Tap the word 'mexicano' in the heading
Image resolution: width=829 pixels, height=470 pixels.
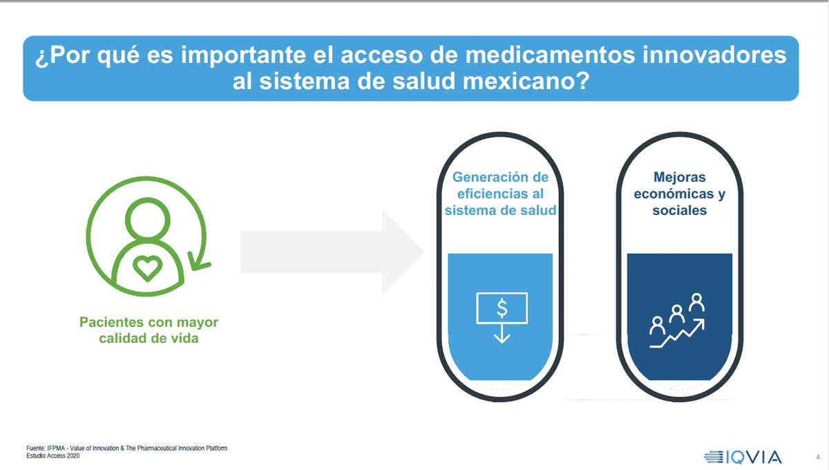click(x=520, y=81)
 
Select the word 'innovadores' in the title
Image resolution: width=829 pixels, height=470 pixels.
click(x=714, y=55)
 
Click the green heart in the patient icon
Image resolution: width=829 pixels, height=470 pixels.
click(x=147, y=268)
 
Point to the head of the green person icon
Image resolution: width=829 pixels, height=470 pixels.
click(x=147, y=219)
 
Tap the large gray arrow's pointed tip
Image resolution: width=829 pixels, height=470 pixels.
click(x=423, y=252)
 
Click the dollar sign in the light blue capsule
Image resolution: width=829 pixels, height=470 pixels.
click(x=502, y=308)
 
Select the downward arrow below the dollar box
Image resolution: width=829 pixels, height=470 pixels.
click(x=502, y=334)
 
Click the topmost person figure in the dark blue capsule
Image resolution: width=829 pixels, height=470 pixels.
click(x=696, y=302)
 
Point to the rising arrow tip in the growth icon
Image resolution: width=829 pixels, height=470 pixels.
click(x=701, y=323)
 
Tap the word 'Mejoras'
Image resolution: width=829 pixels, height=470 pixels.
click(x=680, y=177)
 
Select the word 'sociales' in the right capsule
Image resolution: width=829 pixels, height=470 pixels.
click(x=680, y=210)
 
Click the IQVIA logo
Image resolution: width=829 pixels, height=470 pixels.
click(x=743, y=457)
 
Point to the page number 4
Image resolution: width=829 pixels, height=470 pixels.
click(x=817, y=458)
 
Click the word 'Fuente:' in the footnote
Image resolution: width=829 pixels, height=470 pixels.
click(x=35, y=448)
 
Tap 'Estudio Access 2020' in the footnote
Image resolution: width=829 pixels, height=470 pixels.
click(x=53, y=456)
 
